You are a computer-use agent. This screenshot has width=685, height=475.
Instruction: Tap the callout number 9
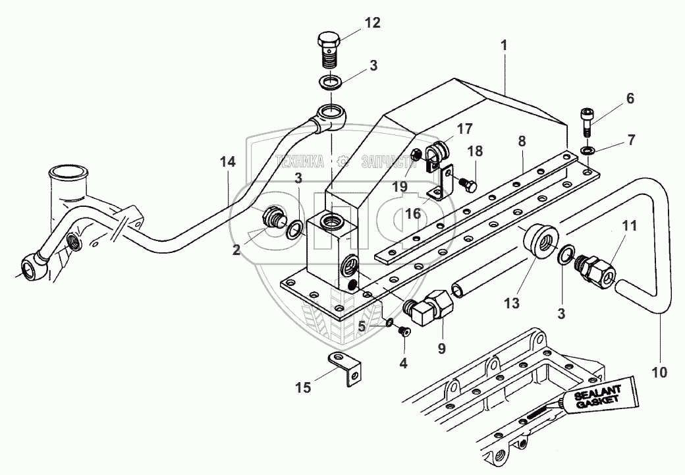[441, 347]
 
